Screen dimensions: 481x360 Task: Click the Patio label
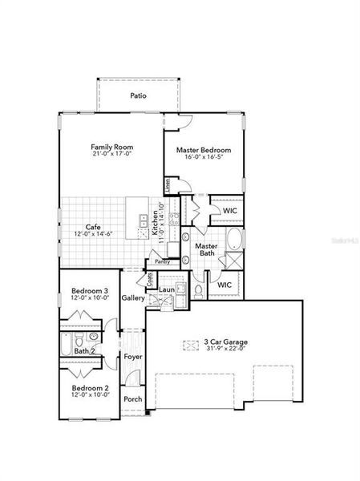click(x=140, y=95)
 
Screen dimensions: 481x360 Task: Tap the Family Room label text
click(x=111, y=148)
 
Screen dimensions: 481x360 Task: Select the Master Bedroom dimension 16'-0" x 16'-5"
click(x=204, y=158)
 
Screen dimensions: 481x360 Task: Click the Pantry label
click(x=163, y=261)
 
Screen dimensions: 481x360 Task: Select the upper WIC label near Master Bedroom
click(x=229, y=211)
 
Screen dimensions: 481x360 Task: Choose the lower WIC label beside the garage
click(x=224, y=284)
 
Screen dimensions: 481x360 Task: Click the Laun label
click(x=167, y=289)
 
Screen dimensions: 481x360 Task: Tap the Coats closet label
click(x=150, y=280)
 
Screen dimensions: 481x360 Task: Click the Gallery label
click(x=133, y=298)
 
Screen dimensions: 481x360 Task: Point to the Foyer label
click(x=133, y=358)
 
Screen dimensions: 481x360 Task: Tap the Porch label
click(x=132, y=399)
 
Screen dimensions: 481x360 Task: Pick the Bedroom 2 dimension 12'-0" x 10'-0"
click(x=89, y=395)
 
